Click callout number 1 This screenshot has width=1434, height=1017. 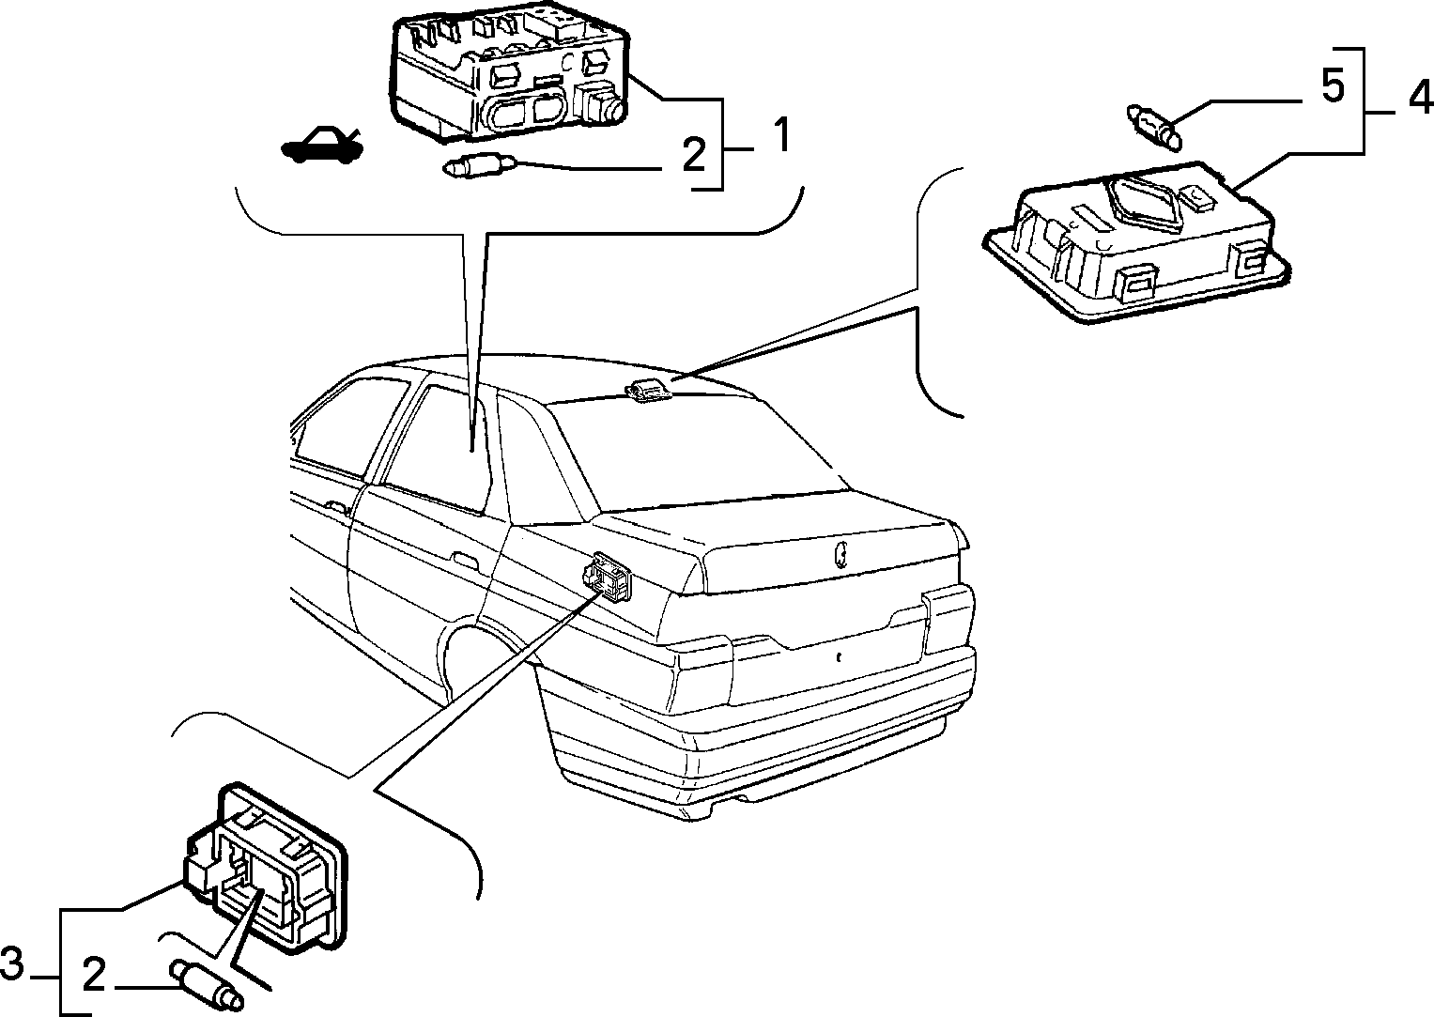pyautogui.click(x=781, y=135)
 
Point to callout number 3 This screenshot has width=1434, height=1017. pyautogui.click(x=12, y=964)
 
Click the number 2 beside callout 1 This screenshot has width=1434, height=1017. pyautogui.click(x=693, y=154)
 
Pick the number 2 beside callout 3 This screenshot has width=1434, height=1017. pyautogui.click(x=94, y=977)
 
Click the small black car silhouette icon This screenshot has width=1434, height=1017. pyautogui.click(x=322, y=146)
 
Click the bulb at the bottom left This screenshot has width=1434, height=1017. pyautogui.click(x=207, y=986)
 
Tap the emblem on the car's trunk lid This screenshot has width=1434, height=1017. pyautogui.click(x=841, y=554)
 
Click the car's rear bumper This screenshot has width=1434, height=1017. pyautogui.click(x=755, y=730)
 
